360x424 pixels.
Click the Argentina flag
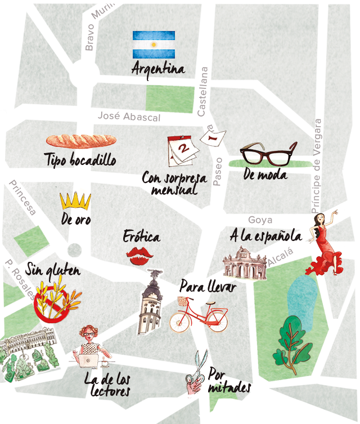point(154,44)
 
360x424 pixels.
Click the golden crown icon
point(75,200)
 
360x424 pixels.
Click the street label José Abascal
point(129,117)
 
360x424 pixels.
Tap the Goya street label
point(260,220)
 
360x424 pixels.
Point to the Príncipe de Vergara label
point(318,166)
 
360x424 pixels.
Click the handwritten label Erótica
point(141,236)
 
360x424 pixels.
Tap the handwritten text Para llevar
point(207,287)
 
